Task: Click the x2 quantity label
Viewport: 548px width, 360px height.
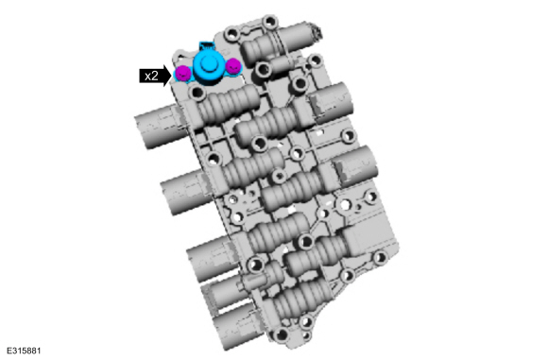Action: click(x=151, y=76)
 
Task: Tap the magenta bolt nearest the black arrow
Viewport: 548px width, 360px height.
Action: click(x=182, y=73)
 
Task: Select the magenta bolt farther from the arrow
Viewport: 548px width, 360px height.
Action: click(x=233, y=65)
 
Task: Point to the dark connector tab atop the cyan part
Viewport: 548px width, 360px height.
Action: click(x=206, y=45)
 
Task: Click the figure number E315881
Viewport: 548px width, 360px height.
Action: click(x=24, y=351)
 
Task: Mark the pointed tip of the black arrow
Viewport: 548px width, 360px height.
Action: click(x=172, y=76)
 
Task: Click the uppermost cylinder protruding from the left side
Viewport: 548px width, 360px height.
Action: click(x=158, y=127)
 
